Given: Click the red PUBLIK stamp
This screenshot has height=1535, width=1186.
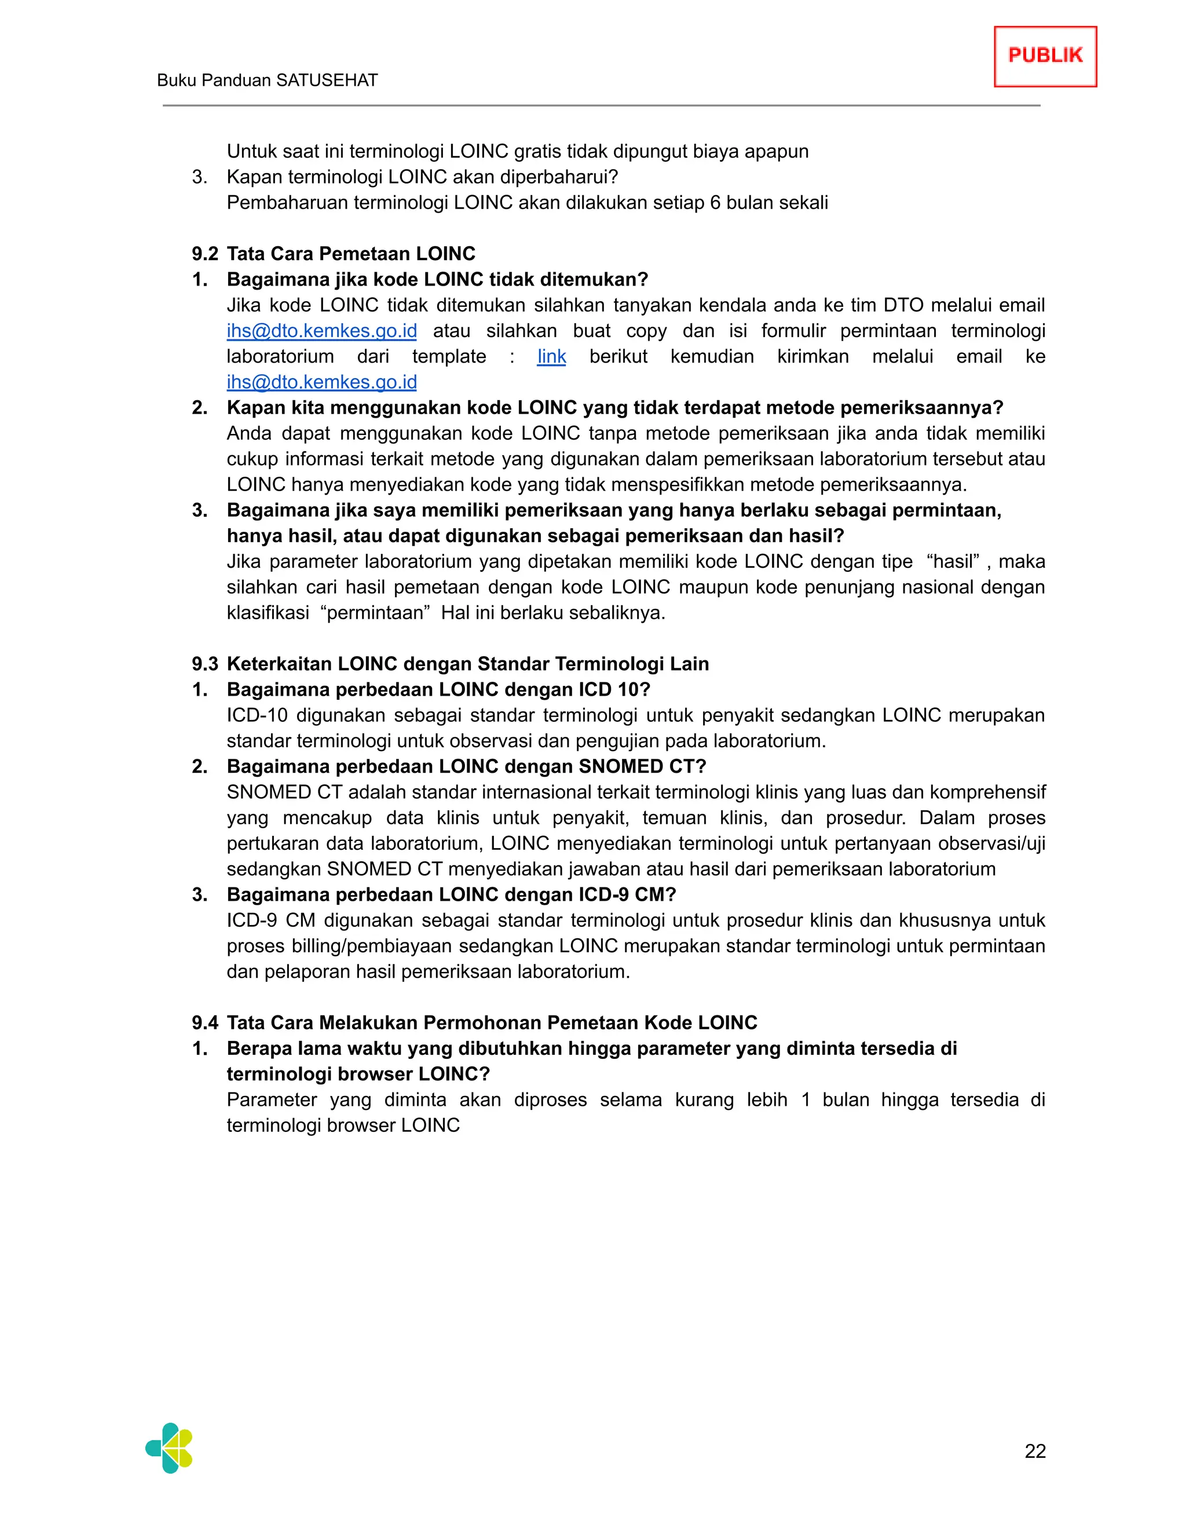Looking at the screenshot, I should [x=1045, y=56].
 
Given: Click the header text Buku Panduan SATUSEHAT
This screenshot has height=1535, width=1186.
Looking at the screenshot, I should [x=267, y=80].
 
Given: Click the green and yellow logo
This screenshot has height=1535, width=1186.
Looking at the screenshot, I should [x=169, y=1448].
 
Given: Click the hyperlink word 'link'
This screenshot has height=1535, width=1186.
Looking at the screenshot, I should [x=551, y=356].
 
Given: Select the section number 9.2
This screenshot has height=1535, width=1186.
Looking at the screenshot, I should [x=204, y=254].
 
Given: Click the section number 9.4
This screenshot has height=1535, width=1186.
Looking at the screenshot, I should [x=204, y=1022].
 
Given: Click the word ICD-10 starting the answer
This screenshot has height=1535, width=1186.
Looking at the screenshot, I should [x=257, y=715].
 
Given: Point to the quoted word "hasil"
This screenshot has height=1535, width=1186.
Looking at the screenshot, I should [x=953, y=561].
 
